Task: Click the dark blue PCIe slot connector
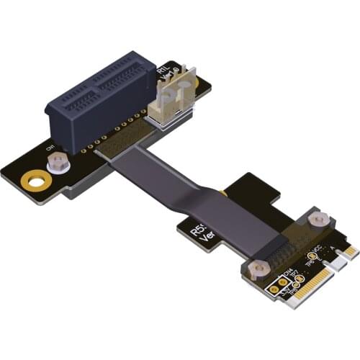point(101,97)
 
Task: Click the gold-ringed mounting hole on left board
point(33,179)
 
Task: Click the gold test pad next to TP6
point(311,255)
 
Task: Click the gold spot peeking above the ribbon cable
point(225,194)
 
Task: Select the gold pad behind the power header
point(188,86)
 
